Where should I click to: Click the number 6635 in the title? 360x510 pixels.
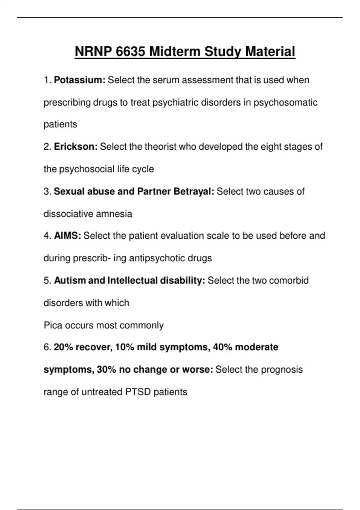[130, 51]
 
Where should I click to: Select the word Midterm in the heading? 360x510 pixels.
[175, 51]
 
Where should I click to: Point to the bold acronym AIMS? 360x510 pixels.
[67, 236]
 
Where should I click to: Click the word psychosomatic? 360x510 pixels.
[285, 103]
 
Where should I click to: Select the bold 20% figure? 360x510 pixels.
[64, 347]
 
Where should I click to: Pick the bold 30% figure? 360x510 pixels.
[106, 370]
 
